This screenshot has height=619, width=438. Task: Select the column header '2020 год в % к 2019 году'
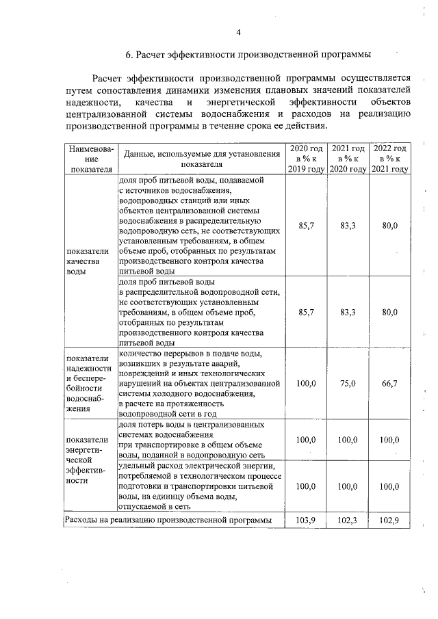click(306, 159)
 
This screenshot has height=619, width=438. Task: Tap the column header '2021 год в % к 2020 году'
click(348, 159)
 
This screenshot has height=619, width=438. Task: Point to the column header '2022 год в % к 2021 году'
click(390, 159)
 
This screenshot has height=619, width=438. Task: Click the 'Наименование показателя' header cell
click(90, 159)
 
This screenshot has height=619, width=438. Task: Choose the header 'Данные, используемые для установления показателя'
click(202, 159)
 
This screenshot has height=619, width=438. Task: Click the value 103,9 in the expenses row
click(306, 521)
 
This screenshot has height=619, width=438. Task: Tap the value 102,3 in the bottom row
click(348, 521)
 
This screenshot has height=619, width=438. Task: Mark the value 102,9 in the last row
click(390, 521)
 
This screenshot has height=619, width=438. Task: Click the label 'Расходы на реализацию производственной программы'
click(168, 521)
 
